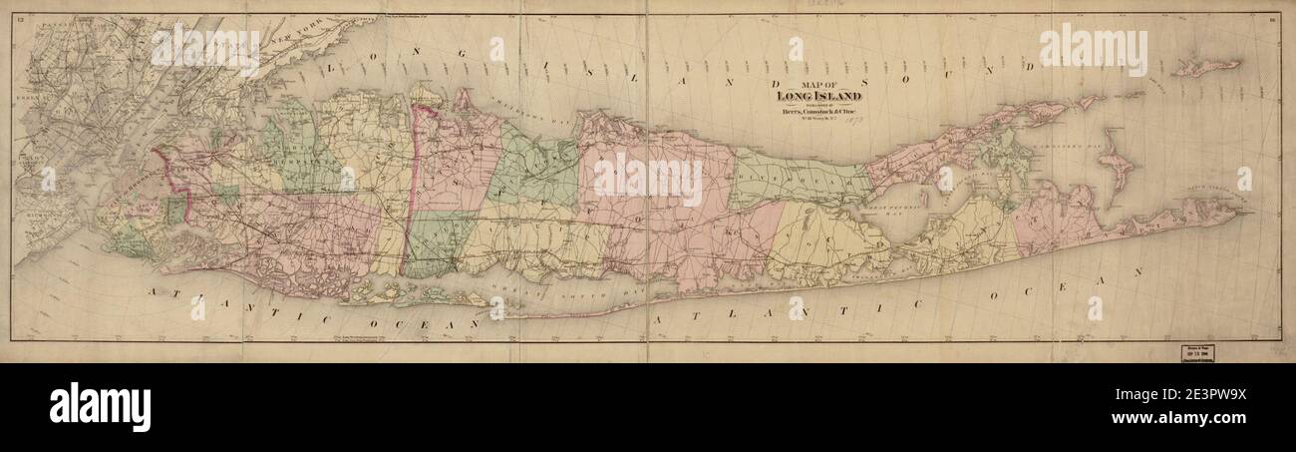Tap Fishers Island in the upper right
[1206, 68]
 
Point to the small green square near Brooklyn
[175, 211]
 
